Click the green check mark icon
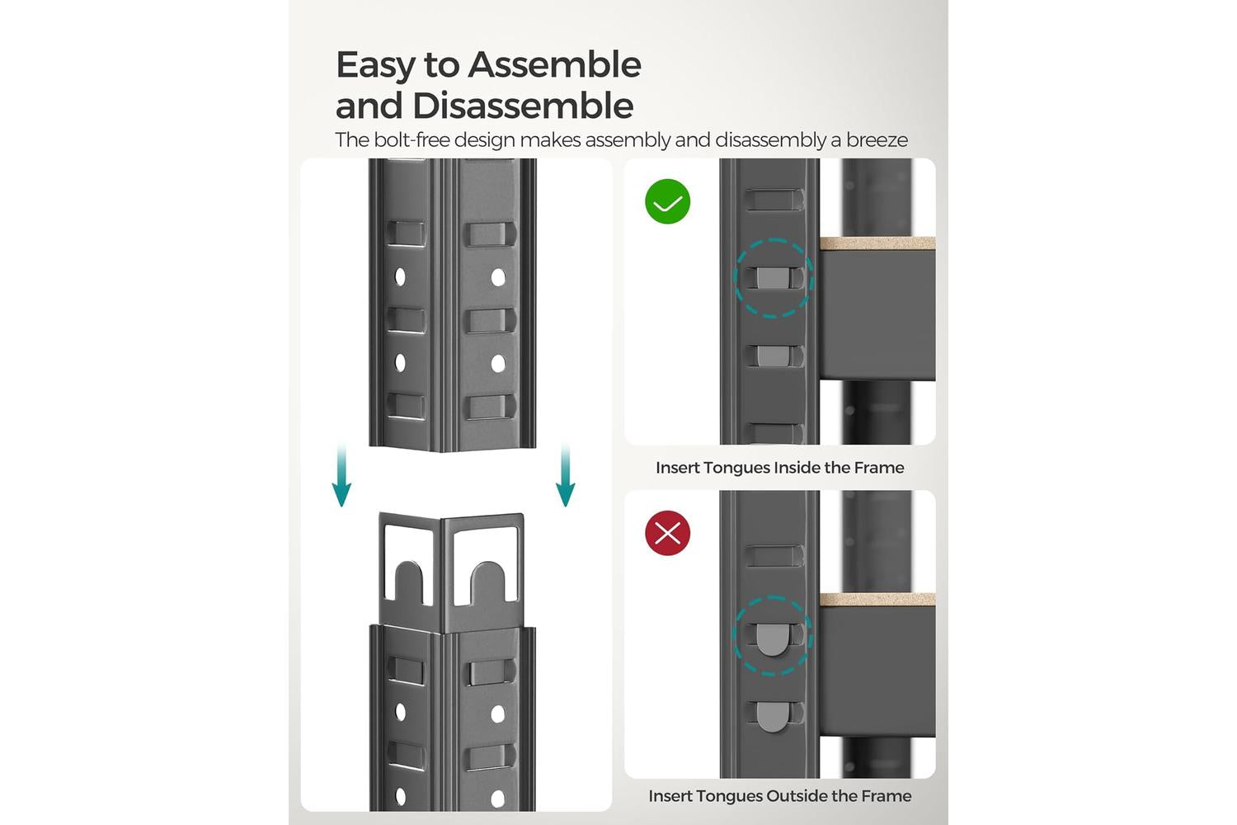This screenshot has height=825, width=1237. [668, 201]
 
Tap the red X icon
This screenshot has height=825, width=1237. [668, 533]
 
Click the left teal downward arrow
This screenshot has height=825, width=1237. [341, 474]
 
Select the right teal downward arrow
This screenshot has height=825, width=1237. [565, 474]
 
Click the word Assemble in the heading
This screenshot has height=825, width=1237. [554, 64]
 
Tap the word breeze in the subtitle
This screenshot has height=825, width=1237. [877, 139]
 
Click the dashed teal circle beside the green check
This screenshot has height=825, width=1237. [774, 238]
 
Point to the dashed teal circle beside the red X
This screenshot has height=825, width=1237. [772, 596]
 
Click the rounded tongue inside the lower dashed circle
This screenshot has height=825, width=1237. [772, 639]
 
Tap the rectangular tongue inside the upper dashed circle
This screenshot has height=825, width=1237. [773, 278]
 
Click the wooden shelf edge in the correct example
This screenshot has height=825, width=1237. [877, 243]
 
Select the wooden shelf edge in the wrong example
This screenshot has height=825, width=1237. [877, 600]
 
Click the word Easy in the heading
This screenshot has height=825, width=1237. [375, 66]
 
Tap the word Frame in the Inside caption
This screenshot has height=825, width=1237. [879, 468]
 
